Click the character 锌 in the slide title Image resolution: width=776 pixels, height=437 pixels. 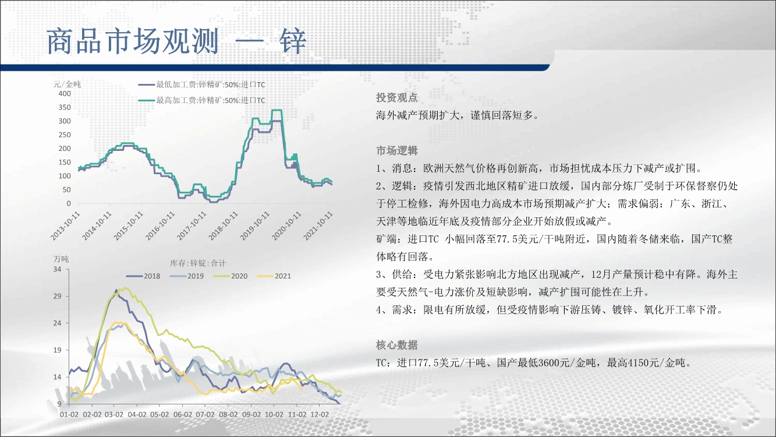pyautogui.click(x=293, y=41)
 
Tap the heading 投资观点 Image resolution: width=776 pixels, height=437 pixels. pyautogui.click(x=396, y=98)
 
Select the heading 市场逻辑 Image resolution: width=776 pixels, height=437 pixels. pyautogui.click(x=396, y=151)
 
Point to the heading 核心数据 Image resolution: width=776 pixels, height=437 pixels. pyautogui.click(x=396, y=345)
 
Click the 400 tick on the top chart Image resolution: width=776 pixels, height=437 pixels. pyautogui.click(x=65, y=94)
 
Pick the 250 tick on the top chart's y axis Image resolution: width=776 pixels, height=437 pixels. pyautogui.click(x=65, y=135)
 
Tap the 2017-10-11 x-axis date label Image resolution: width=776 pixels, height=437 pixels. pyautogui.click(x=192, y=226)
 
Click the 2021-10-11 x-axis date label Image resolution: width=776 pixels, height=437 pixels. pyautogui.click(x=318, y=226)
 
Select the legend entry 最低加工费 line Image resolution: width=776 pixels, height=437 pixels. pyautogui.click(x=201, y=84)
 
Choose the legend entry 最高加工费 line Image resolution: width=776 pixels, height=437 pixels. pyautogui.click(x=201, y=101)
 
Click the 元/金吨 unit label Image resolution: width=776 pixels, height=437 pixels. pyautogui.click(x=67, y=84)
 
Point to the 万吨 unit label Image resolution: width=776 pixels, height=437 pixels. pyautogui.click(x=61, y=259)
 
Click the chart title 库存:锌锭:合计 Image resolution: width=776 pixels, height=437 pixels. pyautogui.click(x=198, y=263)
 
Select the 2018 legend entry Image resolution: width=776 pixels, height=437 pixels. pyautogui.click(x=143, y=276)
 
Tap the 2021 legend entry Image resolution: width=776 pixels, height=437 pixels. pyautogui.click(x=274, y=276)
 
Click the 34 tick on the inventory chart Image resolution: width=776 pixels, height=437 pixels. pyautogui.click(x=57, y=269)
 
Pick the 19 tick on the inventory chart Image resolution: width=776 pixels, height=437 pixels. pyautogui.click(x=57, y=350)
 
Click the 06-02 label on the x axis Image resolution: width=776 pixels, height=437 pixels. pyautogui.click(x=183, y=414)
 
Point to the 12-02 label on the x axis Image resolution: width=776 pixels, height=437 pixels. pyautogui.click(x=320, y=414)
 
